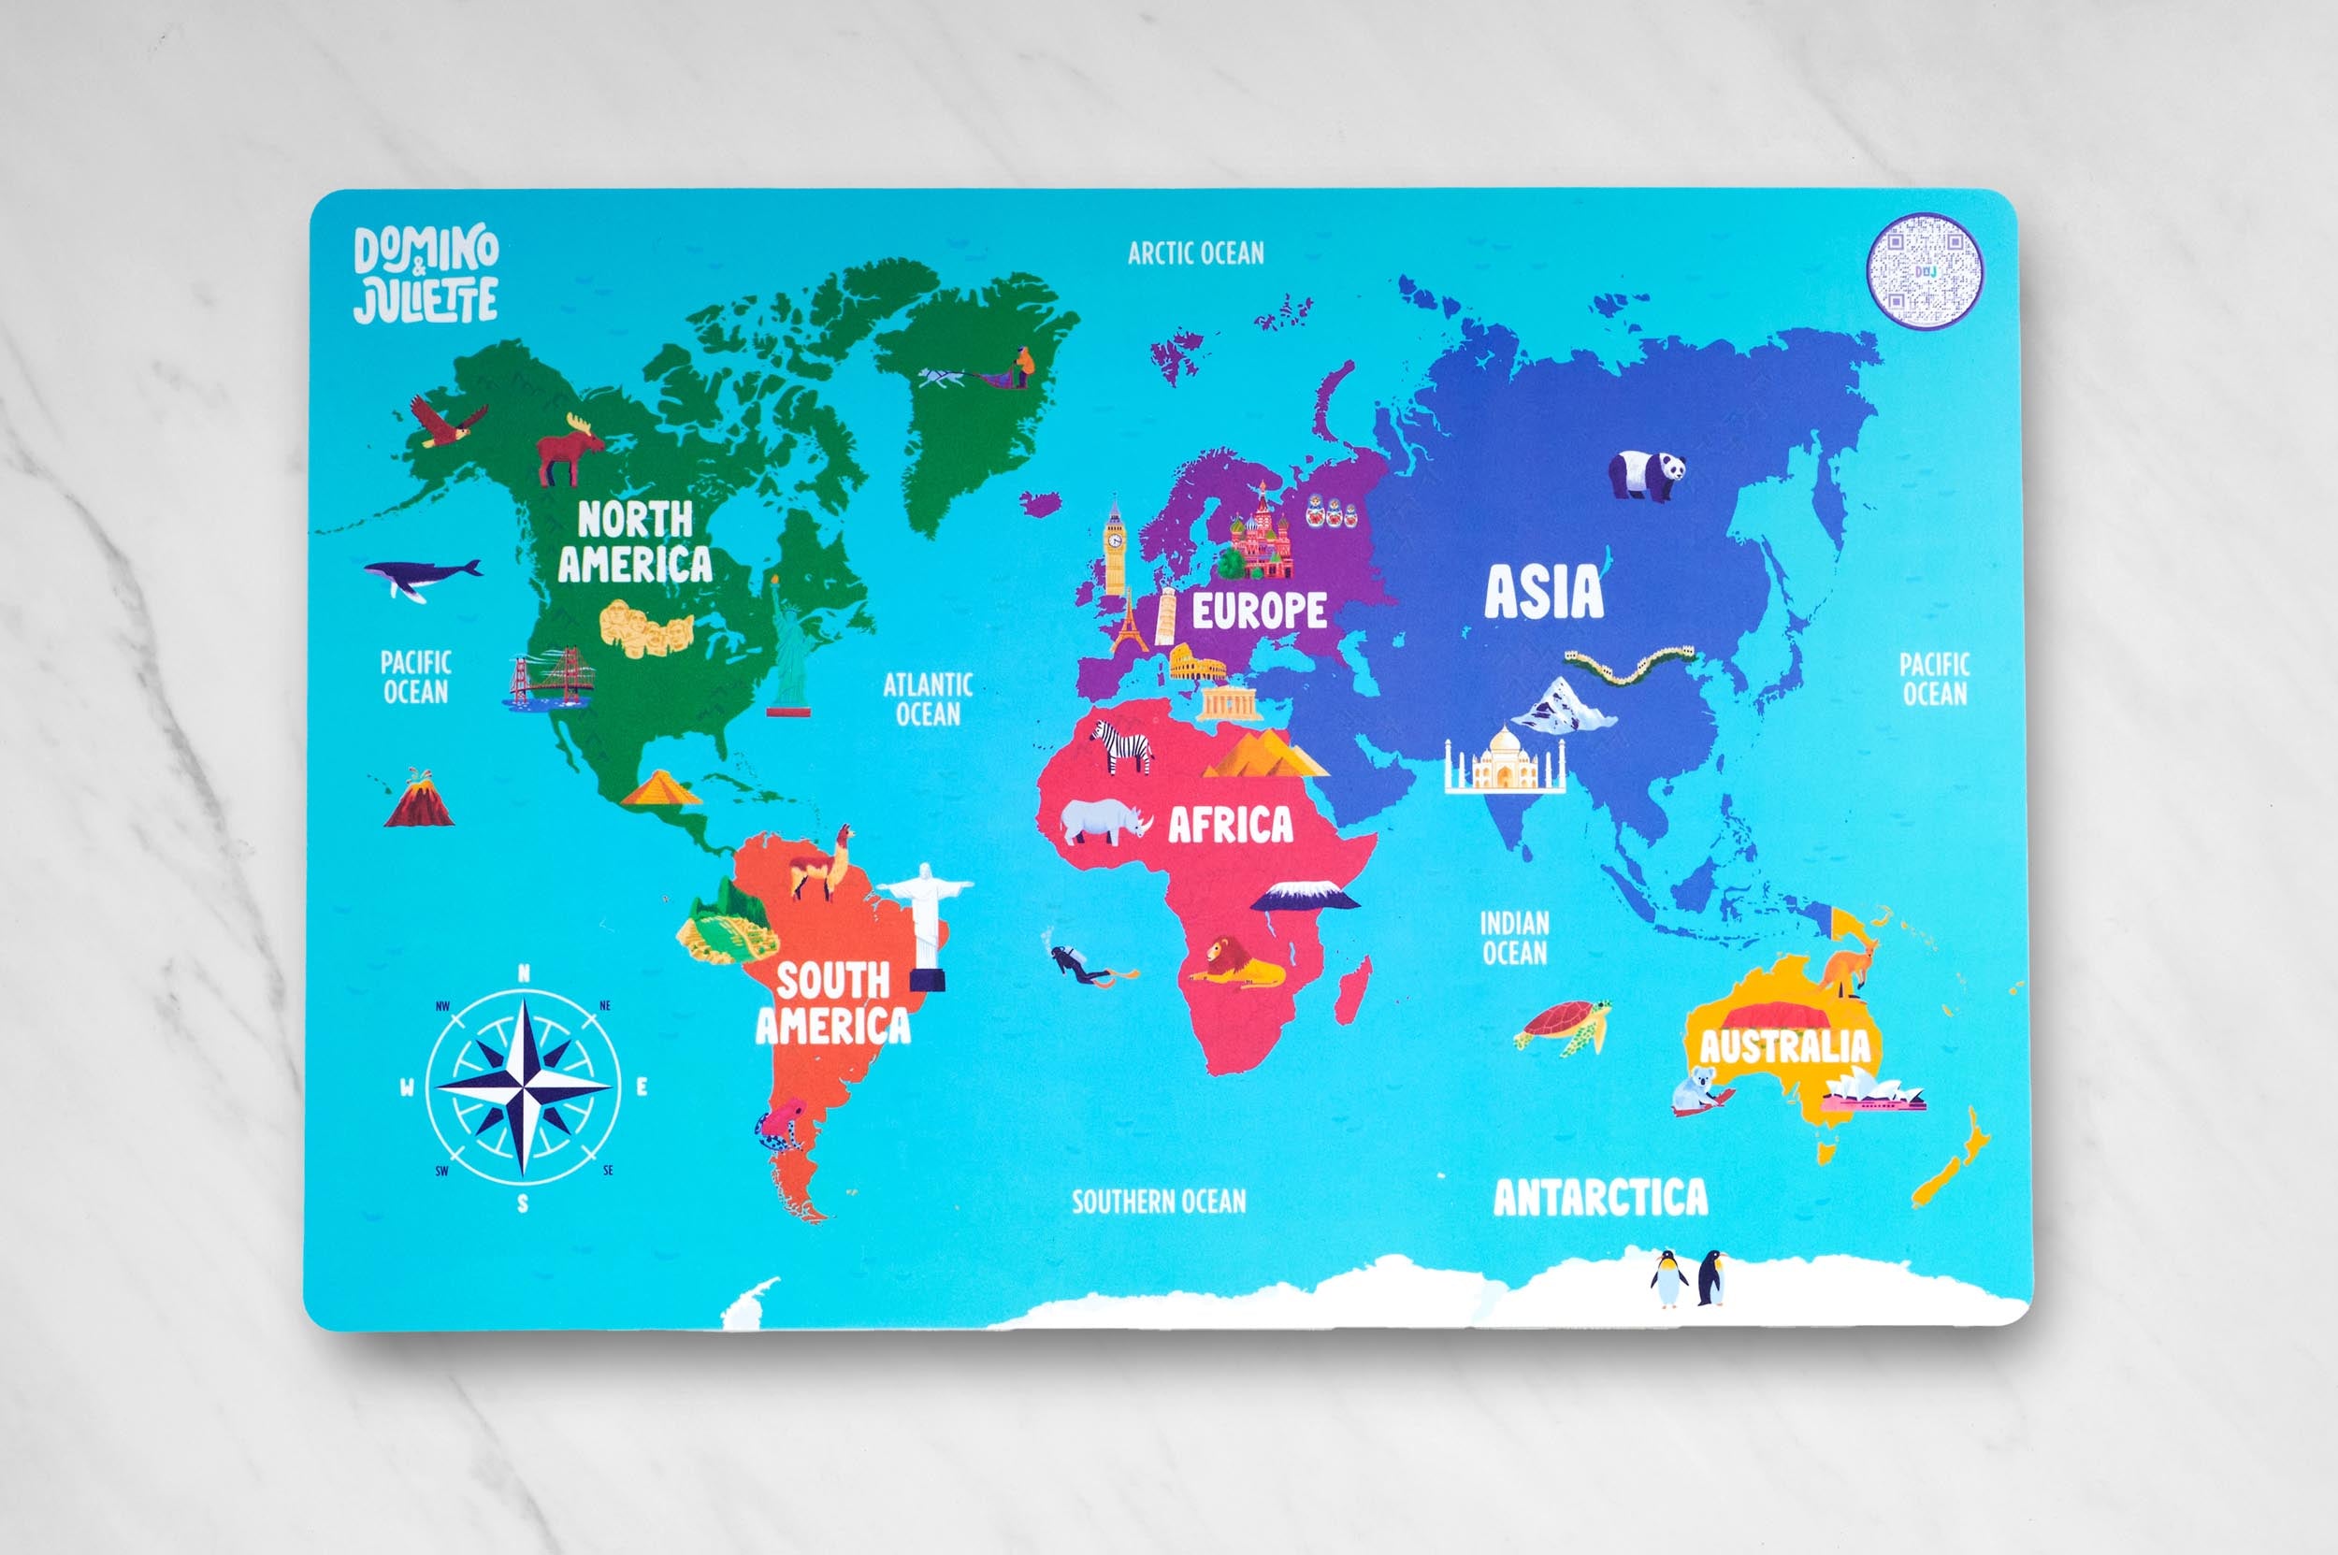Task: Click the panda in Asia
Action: [1648, 473]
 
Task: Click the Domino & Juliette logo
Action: [426, 274]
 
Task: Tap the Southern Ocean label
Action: [1159, 1202]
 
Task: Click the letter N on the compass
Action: [524, 975]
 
